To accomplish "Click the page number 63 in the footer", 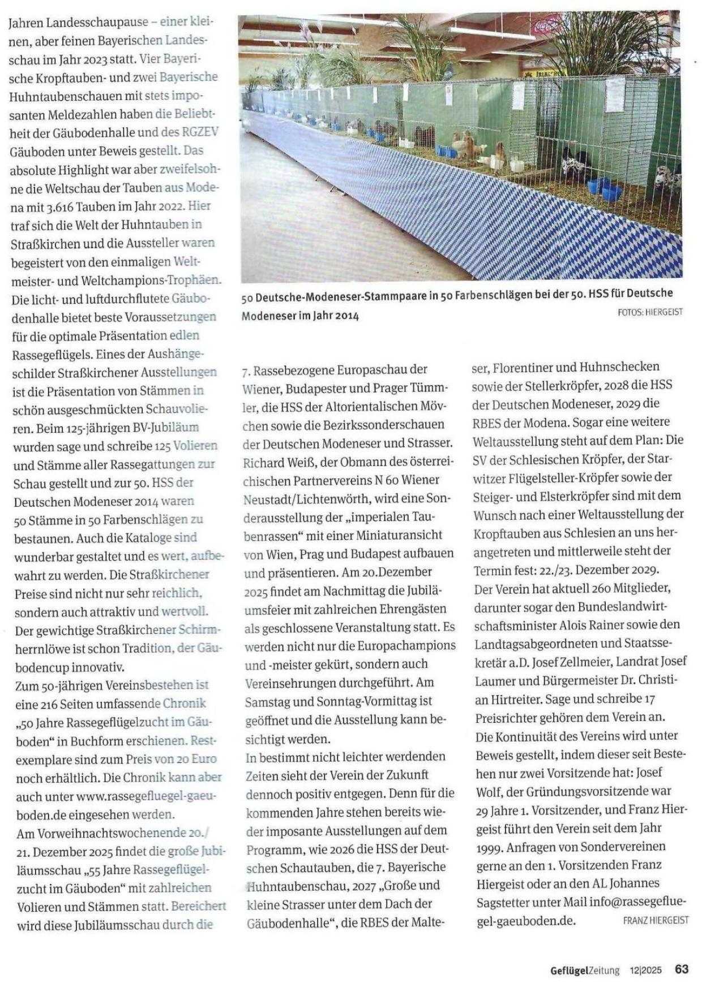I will tap(682, 969).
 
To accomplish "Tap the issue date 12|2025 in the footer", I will tap(645, 970).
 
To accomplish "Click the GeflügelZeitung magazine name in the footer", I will tap(585, 970).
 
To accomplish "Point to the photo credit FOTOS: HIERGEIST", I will tap(650, 312).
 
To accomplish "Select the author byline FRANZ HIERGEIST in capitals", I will tap(656, 920).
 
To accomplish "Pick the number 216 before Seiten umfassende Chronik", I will tap(54, 704).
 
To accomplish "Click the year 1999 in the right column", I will tap(489, 847).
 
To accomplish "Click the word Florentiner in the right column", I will tap(524, 368).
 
